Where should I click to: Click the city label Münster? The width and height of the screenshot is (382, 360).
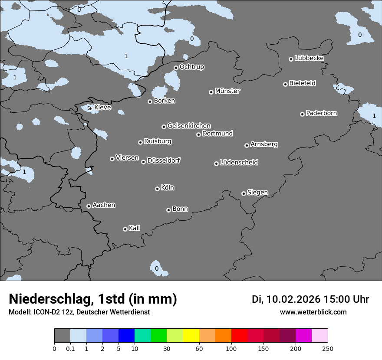click(x=227, y=91)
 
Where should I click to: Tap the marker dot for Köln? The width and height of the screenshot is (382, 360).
click(x=157, y=189)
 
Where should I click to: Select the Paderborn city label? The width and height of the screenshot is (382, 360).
click(x=321, y=113)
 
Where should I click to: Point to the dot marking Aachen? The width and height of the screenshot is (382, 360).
click(x=89, y=206)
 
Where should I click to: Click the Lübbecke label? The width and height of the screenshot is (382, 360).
click(x=309, y=58)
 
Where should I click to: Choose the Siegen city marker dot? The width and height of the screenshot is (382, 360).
click(x=244, y=193)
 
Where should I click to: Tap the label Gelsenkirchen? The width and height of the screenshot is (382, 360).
click(x=189, y=126)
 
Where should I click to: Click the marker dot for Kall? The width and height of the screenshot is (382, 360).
click(x=125, y=229)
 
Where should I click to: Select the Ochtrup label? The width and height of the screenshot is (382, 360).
click(x=191, y=67)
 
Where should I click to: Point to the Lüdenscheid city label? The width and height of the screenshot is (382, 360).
click(x=239, y=163)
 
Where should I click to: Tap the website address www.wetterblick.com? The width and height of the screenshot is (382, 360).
click(x=313, y=312)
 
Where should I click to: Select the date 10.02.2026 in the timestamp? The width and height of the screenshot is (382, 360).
click(x=293, y=299)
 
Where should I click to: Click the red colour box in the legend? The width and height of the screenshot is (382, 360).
click(x=239, y=336)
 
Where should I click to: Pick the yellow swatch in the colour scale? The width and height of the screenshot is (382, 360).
click(x=191, y=336)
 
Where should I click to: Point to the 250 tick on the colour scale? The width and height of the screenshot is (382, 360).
click(x=327, y=348)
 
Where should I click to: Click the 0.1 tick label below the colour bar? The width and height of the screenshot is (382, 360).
click(x=70, y=348)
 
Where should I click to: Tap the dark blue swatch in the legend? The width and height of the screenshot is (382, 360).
click(x=126, y=336)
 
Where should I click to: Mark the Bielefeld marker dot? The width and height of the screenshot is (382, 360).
click(x=285, y=84)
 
